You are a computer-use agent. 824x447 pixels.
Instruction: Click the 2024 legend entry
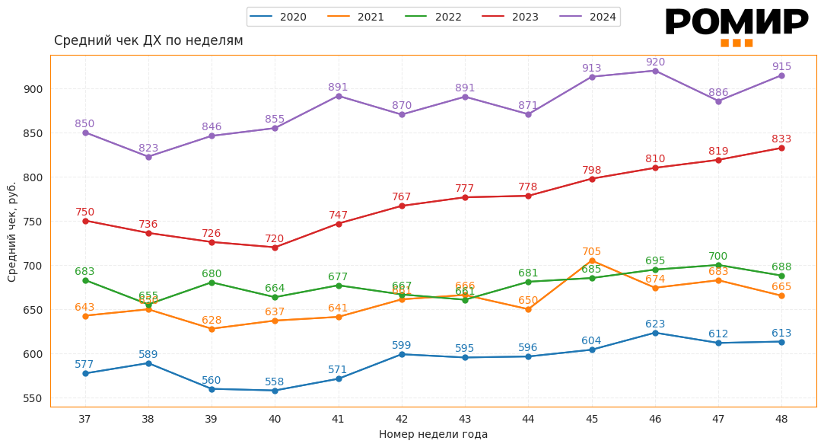(588, 17)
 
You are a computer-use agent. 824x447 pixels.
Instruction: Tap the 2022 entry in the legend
(434, 17)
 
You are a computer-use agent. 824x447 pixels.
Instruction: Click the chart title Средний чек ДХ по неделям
(148, 41)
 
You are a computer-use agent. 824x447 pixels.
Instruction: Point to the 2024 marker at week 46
(655, 71)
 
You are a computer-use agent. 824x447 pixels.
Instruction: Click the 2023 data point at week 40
(275, 247)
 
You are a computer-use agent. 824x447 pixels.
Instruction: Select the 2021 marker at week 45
(592, 260)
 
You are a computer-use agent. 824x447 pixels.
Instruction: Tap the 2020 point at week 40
(275, 391)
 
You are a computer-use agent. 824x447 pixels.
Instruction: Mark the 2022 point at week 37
(85, 280)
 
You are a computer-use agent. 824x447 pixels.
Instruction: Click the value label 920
(655, 62)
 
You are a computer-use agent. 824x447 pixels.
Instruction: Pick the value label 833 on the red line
(781, 139)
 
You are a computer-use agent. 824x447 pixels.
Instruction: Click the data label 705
(592, 252)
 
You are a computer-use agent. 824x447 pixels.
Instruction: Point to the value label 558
(275, 382)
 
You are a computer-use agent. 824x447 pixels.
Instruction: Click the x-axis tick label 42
(402, 419)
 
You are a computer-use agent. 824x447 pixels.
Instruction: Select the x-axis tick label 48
(781, 419)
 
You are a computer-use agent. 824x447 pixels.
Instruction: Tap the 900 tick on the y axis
(33, 89)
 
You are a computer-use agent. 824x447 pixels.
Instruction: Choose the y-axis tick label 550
(33, 398)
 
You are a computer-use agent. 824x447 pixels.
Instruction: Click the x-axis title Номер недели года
(433, 435)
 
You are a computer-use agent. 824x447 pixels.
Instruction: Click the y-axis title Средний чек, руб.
(12, 231)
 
